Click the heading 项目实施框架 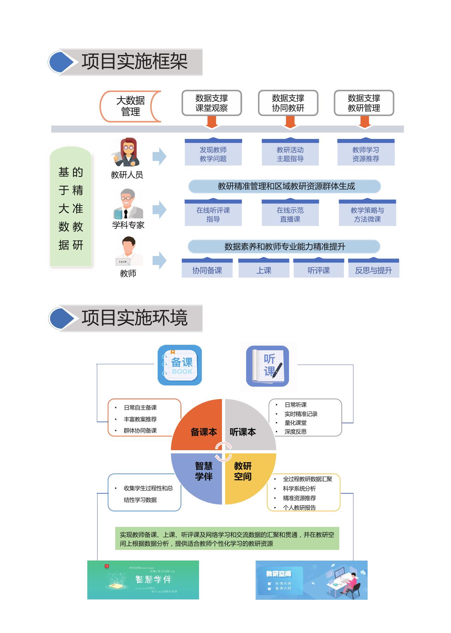point(134,62)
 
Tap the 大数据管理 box point(130,106)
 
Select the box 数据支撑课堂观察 point(212,103)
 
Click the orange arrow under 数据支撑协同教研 point(290,122)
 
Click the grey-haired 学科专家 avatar point(128,204)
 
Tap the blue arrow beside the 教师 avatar point(159,261)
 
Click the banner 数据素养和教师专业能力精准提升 point(284,246)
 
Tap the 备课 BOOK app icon point(180,365)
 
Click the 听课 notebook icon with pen point(268,366)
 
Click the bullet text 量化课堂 point(295,423)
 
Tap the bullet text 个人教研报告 point(299,507)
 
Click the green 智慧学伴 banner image point(143,580)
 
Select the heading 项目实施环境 point(134,318)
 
